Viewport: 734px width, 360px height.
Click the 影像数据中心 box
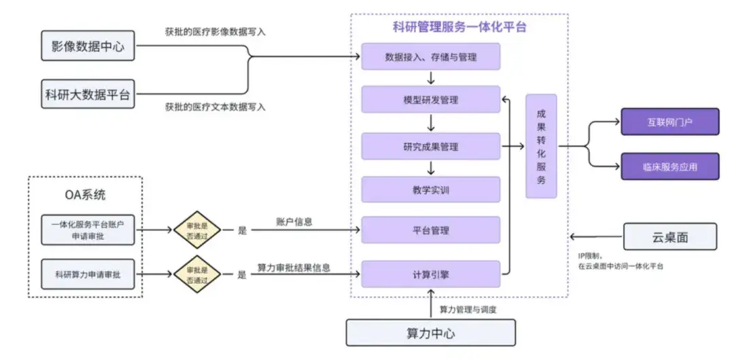point(88,47)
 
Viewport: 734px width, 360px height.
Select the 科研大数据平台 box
point(88,94)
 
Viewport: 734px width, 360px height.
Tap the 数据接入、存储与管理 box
point(431,57)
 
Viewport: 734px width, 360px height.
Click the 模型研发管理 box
point(431,100)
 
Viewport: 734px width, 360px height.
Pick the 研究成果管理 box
point(431,146)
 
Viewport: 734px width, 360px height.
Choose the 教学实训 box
point(431,190)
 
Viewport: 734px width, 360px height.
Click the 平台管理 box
point(431,230)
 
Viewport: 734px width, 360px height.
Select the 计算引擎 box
point(431,274)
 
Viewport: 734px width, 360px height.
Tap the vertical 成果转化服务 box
point(541,146)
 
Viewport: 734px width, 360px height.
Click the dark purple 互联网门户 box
point(669,122)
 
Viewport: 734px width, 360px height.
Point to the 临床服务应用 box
point(669,166)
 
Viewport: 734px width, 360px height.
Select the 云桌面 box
point(669,236)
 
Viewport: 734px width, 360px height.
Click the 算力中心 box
point(431,333)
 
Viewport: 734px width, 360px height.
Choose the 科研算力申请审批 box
point(88,274)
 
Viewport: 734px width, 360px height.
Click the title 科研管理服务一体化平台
point(460,28)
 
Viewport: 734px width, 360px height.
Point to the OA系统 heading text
point(85,196)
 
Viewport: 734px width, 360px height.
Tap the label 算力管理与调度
point(468,310)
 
